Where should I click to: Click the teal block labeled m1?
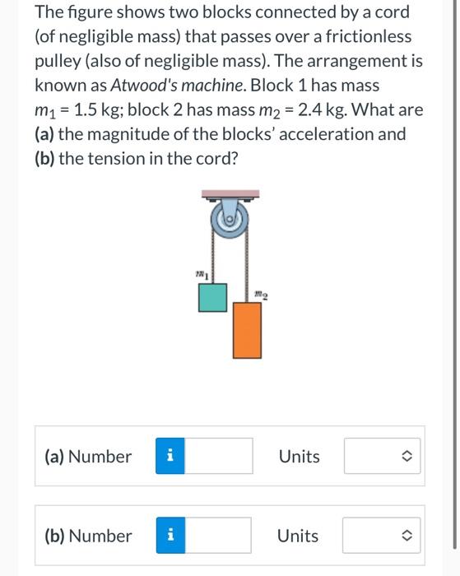tap(212, 298)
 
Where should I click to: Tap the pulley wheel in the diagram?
tap(230, 219)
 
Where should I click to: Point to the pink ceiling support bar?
tap(230, 195)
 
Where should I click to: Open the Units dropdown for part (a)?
tap(382, 456)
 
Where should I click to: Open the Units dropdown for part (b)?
tap(381, 536)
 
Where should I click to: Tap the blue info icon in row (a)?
tap(170, 456)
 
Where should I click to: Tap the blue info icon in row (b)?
tap(169, 536)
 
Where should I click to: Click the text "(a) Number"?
tap(88, 457)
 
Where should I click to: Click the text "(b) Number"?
tap(88, 537)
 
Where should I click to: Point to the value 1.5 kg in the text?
tap(98, 110)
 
